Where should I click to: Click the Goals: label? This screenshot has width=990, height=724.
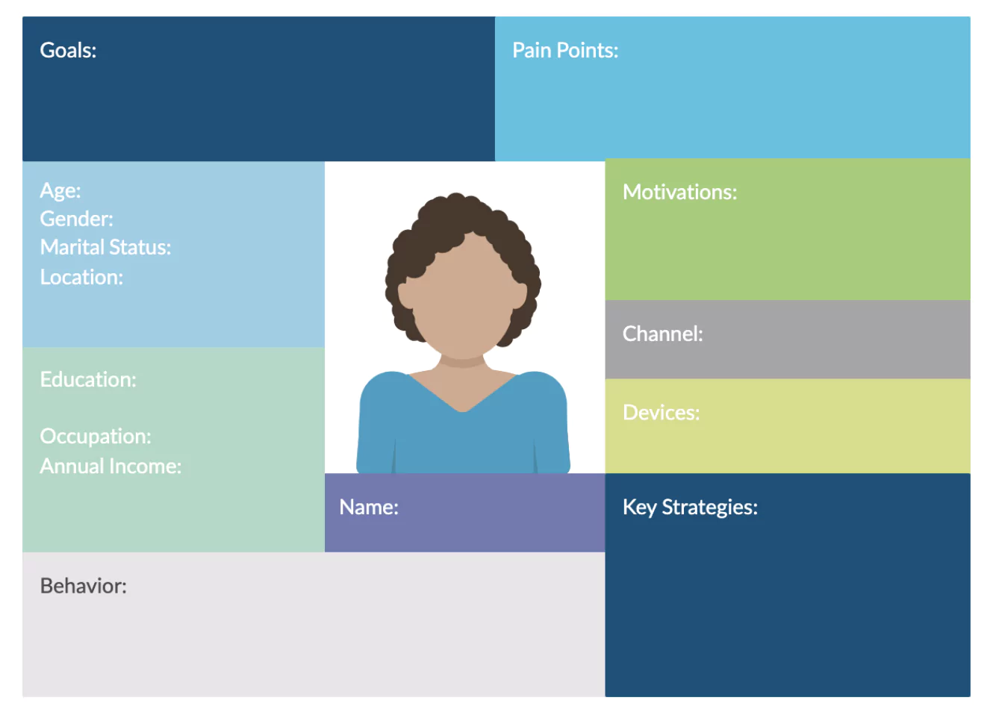68,50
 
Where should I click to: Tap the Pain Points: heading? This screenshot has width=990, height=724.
565,50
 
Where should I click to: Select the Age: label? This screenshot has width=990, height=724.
60,191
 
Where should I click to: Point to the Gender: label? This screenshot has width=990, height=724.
76,219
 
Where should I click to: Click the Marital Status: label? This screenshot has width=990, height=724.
105,247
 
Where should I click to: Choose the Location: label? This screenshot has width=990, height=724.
82,277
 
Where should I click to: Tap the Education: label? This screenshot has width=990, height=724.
88,379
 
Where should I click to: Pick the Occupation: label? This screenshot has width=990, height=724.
96,437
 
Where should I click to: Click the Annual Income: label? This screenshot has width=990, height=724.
111,466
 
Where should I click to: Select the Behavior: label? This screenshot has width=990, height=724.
84,586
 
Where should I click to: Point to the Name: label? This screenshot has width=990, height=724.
369,507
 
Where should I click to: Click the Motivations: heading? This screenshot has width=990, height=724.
680,192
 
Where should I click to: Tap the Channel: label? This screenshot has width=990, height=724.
663,334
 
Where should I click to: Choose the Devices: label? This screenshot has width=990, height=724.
661,412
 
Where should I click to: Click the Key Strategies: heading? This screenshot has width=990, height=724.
691,508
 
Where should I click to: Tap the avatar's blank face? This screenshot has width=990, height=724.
463,300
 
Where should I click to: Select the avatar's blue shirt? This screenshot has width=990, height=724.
463,437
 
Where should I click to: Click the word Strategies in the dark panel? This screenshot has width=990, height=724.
710,508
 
